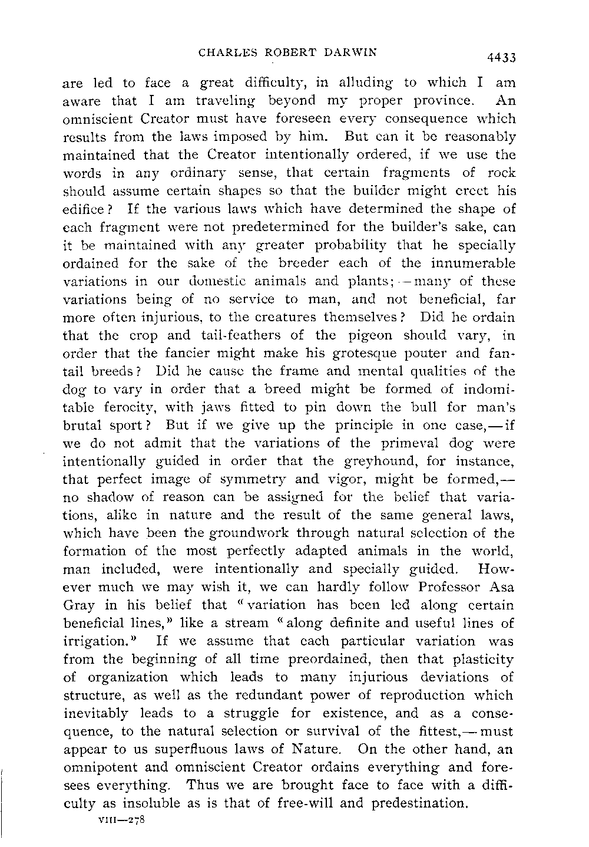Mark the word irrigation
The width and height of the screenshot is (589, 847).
(x=95, y=641)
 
